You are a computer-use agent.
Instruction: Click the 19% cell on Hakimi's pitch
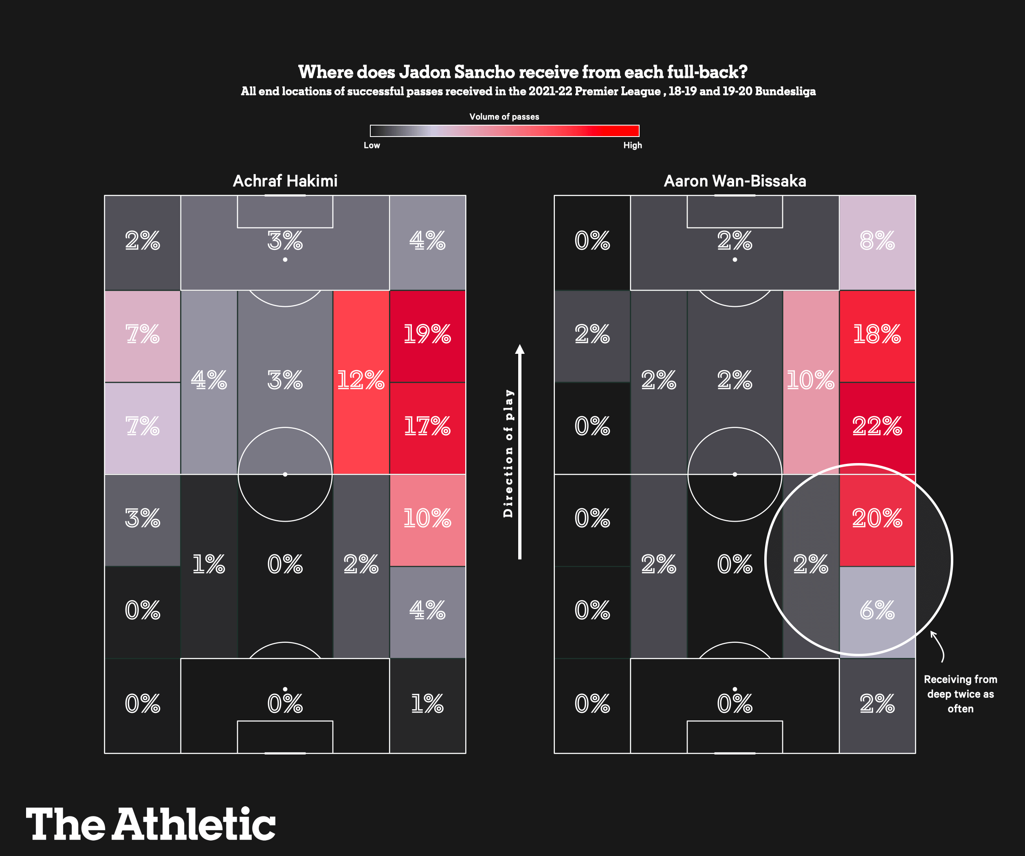pos(427,335)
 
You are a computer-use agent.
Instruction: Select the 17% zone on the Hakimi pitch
pos(427,426)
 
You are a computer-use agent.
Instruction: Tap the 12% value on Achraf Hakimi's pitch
pos(361,380)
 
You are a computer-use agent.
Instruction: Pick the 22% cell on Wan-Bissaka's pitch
pos(877,426)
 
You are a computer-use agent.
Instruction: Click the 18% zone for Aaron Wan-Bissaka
pos(877,335)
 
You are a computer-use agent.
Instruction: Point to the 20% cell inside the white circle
pos(877,518)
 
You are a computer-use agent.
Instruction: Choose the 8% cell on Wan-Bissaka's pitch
pos(877,241)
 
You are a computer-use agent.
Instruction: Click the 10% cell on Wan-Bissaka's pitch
pos(810,380)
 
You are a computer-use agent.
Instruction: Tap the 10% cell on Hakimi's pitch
pos(427,518)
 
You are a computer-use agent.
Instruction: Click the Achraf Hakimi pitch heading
pos(285,181)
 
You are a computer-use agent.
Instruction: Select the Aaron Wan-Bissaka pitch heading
pos(735,181)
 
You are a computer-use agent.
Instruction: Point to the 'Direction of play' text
pos(508,453)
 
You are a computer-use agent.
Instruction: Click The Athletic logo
pos(150,824)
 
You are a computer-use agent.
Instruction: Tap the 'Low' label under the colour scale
pos(372,146)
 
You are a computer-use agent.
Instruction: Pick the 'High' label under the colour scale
pos(633,146)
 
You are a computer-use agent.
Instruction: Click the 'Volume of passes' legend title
pos(504,117)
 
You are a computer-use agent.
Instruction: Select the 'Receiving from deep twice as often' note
pos(960,694)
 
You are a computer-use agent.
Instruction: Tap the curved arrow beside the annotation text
pos(939,646)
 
